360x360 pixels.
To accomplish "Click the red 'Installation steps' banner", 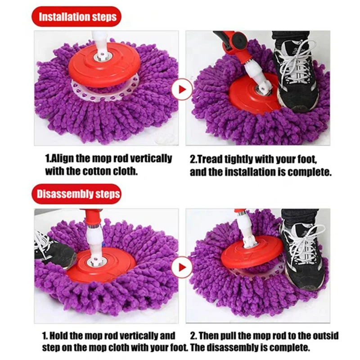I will point(77,17).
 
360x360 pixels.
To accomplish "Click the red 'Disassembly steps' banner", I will point(77,194).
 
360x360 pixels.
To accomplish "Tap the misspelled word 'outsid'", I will point(324,336).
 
